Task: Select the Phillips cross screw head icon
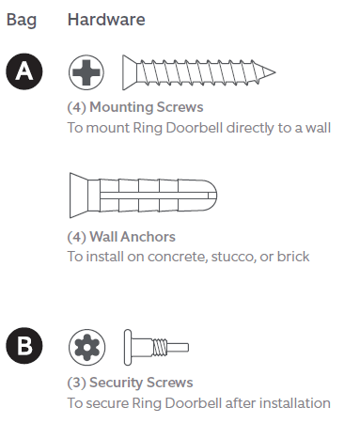[87, 72]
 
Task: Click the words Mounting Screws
[141, 107]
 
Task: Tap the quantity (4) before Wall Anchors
[77, 237]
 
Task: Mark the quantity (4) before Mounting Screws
[77, 107]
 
